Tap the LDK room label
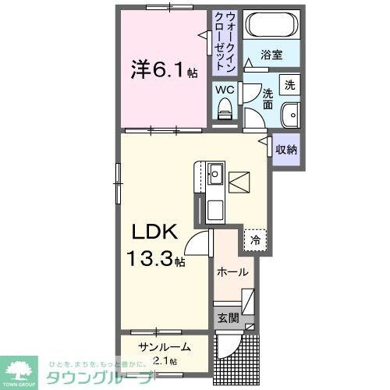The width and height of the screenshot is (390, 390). click(x=160, y=232)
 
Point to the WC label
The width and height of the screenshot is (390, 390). click(x=225, y=90)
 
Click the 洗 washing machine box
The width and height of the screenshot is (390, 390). click(x=289, y=84)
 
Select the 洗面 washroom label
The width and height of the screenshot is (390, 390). click(x=268, y=98)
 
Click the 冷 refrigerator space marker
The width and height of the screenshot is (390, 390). click(x=254, y=240)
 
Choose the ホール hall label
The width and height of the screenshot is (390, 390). click(x=233, y=272)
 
